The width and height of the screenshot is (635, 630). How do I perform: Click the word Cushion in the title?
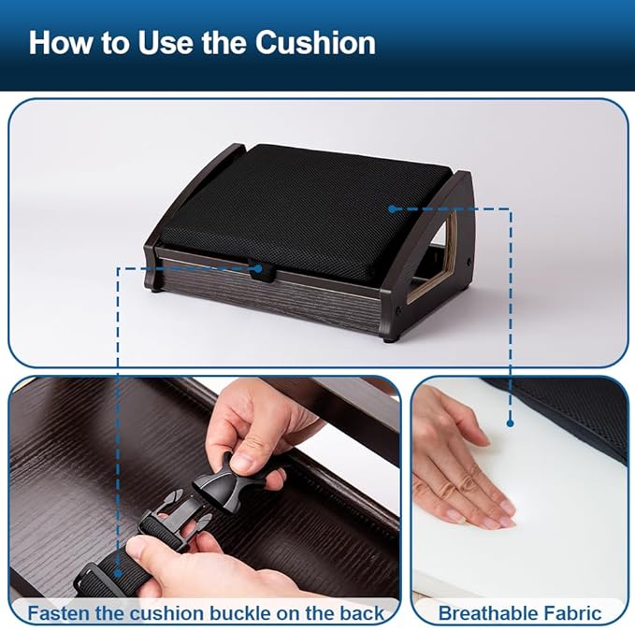tap(315, 42)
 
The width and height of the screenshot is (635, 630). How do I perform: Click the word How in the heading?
tap(61, 42)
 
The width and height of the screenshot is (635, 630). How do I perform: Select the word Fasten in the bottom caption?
tap(60, 613)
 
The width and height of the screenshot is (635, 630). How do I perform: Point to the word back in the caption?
tap(362, 613)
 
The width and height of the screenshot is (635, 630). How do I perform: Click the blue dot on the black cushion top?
tap(392, 209)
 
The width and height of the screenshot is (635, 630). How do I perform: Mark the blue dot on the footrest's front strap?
tap(257, 268)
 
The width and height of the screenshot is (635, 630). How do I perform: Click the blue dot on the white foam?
tap(511, 423)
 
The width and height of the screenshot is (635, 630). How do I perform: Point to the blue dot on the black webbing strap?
tap(118, 573)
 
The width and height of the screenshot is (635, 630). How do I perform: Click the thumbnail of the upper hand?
tap(245, 462)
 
